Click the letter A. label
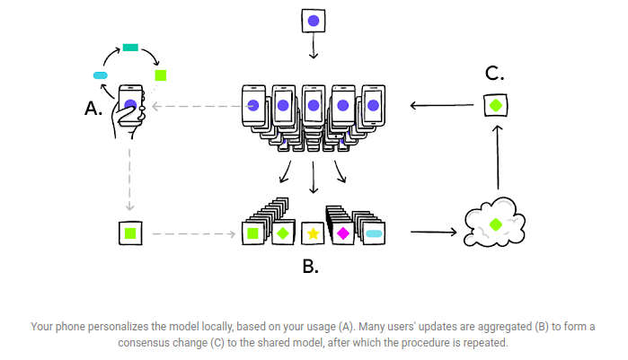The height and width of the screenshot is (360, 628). [93, 109]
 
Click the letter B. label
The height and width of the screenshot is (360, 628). [310, 267]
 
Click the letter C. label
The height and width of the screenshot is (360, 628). [494, 74]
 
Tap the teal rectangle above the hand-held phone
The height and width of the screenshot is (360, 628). [130, 48]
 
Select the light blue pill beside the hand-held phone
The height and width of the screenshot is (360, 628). [100, 75]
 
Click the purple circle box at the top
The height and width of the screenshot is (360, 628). [314, 21]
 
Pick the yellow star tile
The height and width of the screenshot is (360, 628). [313, 233]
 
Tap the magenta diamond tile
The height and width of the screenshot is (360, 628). [343, 233]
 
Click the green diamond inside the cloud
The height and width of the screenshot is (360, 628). [496, 224]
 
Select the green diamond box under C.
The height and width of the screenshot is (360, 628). [496, 105]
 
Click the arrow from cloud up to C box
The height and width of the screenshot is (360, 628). [498, 157]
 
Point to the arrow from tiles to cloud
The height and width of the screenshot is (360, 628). [434, 232]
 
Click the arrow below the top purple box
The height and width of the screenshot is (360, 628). [314, 46]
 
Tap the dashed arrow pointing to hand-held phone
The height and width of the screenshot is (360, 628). [197, 107]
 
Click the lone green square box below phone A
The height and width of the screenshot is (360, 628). [130, 233]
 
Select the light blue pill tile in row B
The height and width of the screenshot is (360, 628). [374, 233]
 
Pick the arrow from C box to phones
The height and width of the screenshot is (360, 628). [442, 105]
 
